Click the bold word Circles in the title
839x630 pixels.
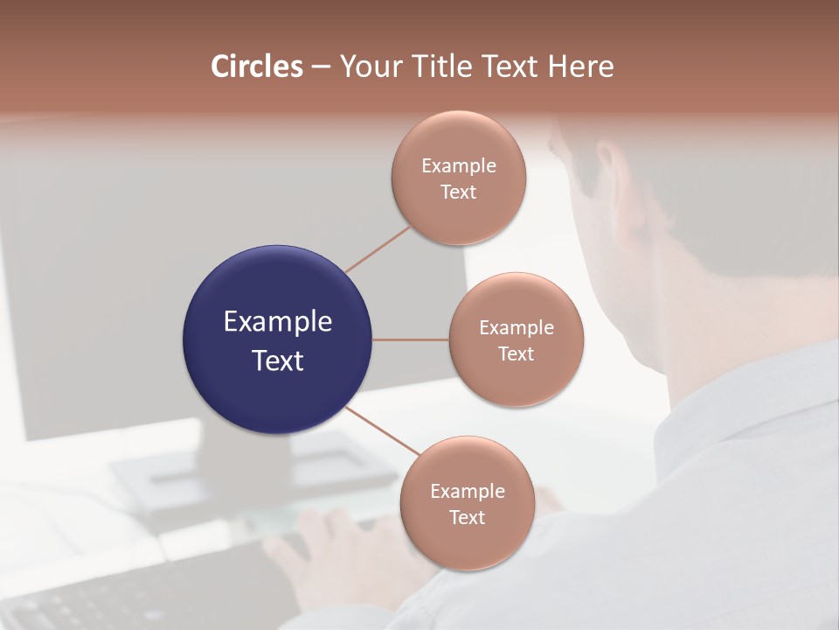257,66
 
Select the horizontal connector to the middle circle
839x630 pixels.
410,339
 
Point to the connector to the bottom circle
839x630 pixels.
381,430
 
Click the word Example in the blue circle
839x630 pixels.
277,322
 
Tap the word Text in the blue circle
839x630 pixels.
277,360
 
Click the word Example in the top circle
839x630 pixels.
458,166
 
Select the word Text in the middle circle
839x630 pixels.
516,354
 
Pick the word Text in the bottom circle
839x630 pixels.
467,518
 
